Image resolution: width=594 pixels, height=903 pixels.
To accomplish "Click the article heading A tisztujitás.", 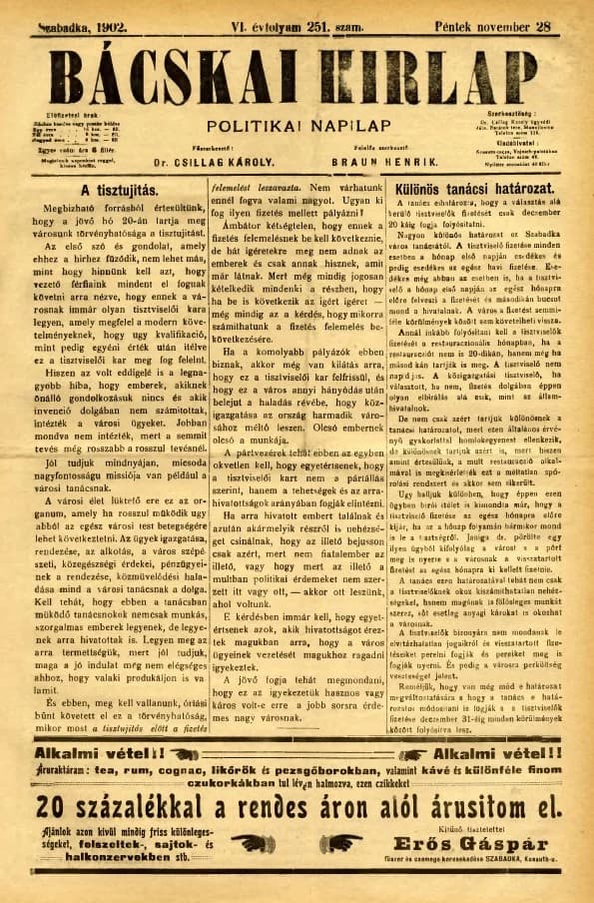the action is point(120,189).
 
